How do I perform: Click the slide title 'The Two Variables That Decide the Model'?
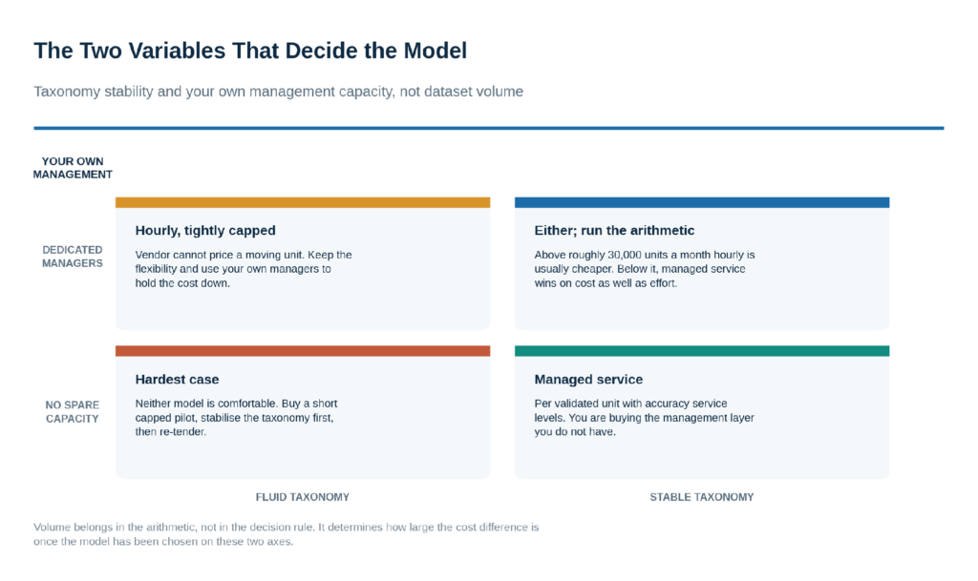coord(250,51)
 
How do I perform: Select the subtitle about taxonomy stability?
coord(278,92)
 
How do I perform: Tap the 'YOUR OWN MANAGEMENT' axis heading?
coord(73,168)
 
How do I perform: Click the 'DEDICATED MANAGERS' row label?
coord(73,257)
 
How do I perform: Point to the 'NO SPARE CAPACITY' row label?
coord(73,411)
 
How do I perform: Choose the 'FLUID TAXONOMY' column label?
coord(303,497)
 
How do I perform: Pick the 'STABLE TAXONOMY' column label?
coord(702,497)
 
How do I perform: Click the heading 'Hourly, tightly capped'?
coord(205,231)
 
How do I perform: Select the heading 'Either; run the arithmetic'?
coord(614,231)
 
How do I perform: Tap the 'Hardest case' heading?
coord(177,380)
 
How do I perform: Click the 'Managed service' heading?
coord(588,380)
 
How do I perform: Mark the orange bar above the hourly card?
coord(303,202)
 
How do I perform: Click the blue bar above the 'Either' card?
coord(702,202)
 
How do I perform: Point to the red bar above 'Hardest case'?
coord(303,351)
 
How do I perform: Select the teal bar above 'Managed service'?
coord(702,351)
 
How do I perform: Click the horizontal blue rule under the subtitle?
coord(489,128)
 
